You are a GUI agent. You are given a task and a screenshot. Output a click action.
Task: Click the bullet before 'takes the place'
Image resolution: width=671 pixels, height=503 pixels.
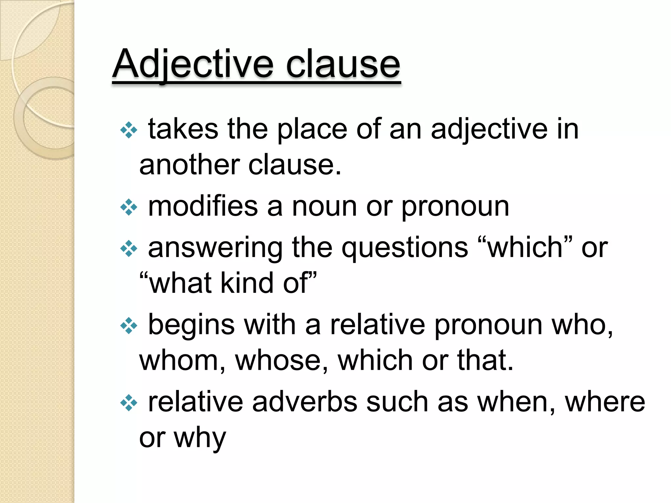129,130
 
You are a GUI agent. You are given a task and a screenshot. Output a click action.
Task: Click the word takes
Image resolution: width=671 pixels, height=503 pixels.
183,129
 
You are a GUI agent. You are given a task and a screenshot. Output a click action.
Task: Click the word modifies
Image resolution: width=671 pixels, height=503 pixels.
203,207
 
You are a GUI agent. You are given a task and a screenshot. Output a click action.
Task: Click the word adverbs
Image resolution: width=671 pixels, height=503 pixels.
305,402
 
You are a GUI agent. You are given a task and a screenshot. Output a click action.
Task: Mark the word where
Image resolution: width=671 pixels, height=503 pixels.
605,402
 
